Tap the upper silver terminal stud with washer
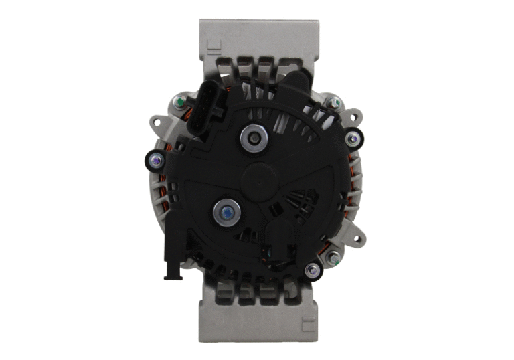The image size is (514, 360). click(254, 139)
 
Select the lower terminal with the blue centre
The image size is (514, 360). click(226, 213)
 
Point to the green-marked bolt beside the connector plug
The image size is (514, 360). click(179, 103)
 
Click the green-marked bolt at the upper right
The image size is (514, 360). click(333, 103)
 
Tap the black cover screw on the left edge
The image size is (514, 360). click(156, 160)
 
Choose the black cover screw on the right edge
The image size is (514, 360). click(352, 139)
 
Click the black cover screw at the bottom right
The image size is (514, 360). click(312, 270)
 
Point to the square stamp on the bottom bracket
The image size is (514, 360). click(308, 325)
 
